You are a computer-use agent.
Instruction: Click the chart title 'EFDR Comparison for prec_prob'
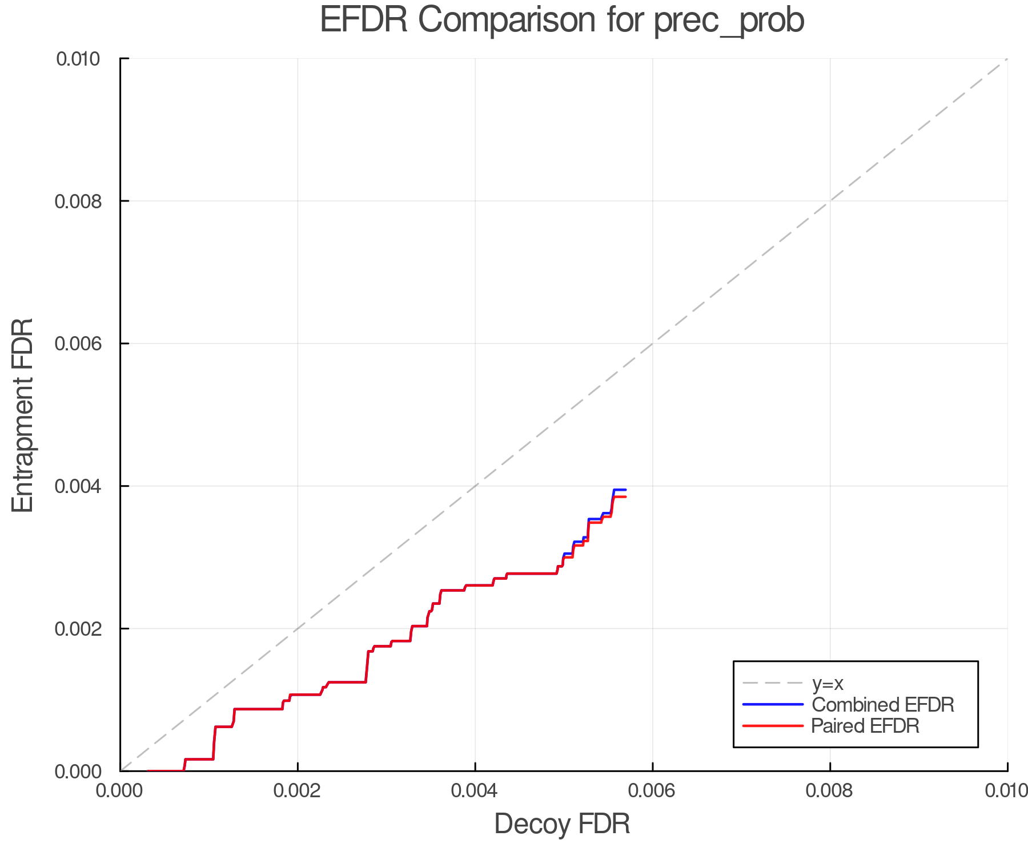(x=562, y=21)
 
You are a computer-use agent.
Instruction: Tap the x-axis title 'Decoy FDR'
(x=562, y=824)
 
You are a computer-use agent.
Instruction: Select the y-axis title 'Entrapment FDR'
(x=23, y=415)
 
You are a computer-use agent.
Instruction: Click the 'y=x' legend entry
(x=828, y=683)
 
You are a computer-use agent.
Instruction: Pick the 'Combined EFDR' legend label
(x=882, y=705)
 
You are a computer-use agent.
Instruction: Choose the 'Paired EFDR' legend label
(x=865, y=726)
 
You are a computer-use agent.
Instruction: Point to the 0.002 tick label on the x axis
(x=298, y=791)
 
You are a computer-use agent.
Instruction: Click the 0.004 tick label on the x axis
(x=475, y=791)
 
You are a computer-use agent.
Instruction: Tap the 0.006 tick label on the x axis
(x=653, y=791)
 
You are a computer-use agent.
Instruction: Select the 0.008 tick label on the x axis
(x=830, y=791)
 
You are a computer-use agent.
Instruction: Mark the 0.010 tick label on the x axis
(x=1006, y=791)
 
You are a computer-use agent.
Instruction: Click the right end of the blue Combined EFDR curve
(x=625, y=490)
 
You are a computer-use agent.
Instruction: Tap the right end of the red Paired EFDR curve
(x=625, y=497)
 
